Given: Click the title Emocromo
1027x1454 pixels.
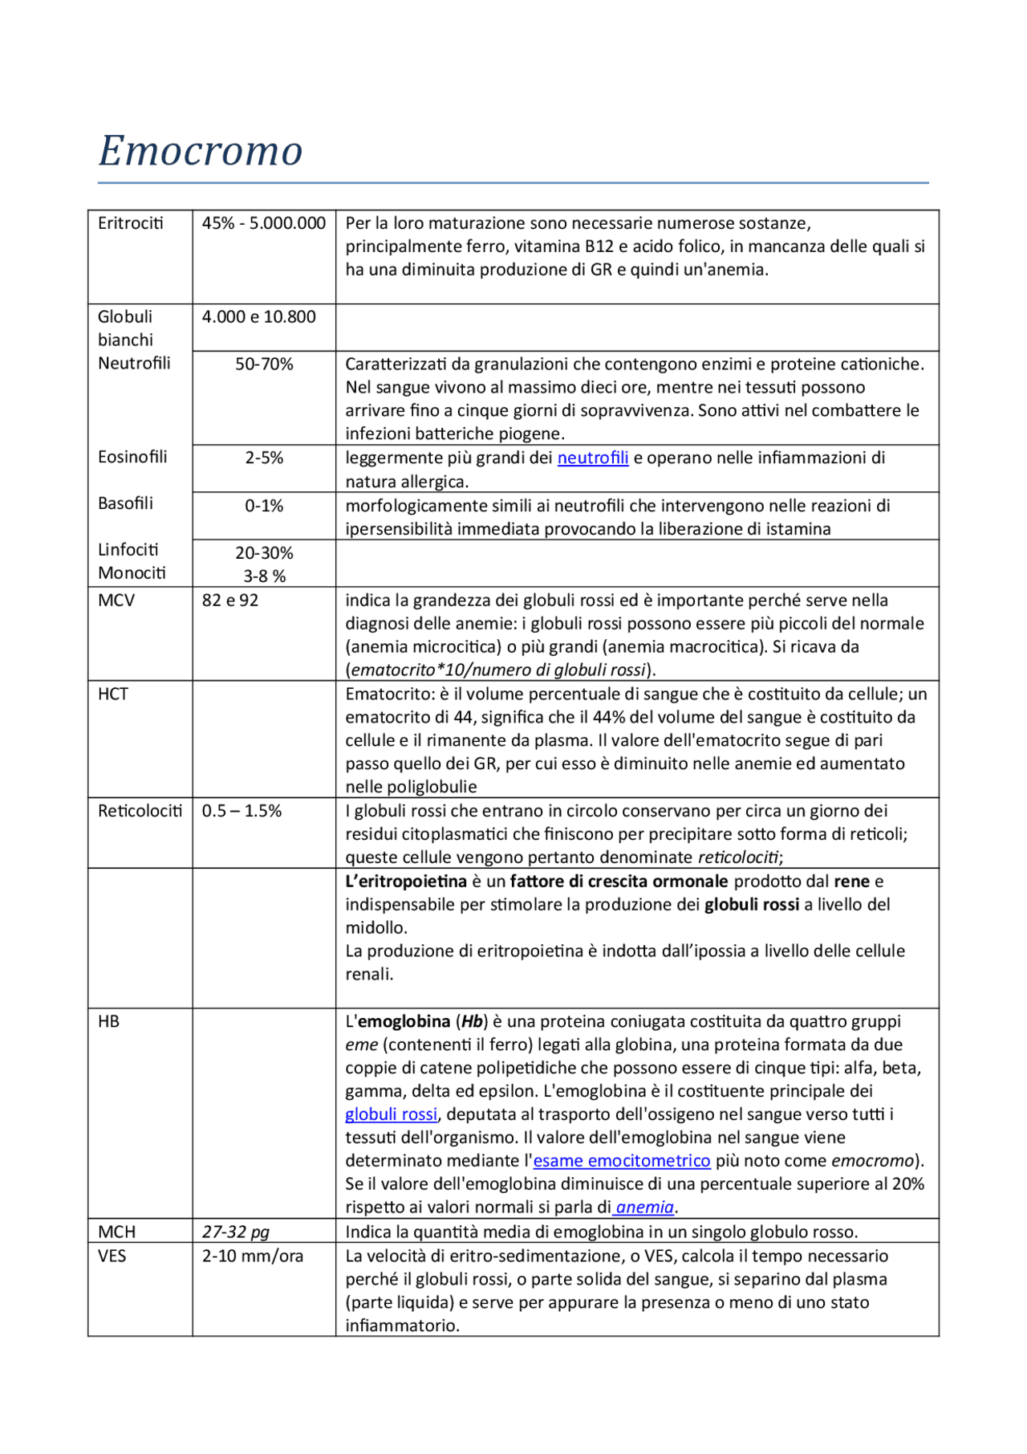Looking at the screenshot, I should coord(201,150).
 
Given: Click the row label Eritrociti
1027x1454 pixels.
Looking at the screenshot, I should coord(130,223).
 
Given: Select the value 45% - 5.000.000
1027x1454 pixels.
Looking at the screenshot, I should coord(263,223).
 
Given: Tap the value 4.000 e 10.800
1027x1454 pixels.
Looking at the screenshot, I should coord(258,317).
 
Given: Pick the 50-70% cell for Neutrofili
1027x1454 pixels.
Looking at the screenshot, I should coord(264,365).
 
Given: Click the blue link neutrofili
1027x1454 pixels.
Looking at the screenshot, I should coord(592,458).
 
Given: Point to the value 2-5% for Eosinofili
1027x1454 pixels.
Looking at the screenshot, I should coord(264,458).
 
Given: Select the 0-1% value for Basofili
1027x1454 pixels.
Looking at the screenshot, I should coord(264,506).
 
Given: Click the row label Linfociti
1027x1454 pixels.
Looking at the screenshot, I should coord(128,550).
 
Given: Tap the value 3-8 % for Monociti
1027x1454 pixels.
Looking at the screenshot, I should coord(264,576).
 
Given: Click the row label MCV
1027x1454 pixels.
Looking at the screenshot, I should coord(116,601).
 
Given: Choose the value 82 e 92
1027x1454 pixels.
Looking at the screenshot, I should coord(229,601).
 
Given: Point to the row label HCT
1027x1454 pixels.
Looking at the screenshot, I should coord(113,694).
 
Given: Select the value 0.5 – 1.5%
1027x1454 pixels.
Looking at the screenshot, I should coord(242,811).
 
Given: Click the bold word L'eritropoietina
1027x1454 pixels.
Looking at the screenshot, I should coord(406,882).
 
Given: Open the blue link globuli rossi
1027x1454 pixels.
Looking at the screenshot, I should coord(391,1114).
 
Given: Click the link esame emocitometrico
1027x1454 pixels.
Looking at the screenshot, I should coord(621,1161).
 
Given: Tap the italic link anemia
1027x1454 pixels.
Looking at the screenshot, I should coord(644,1208).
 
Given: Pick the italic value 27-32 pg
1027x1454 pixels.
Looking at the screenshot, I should coord(235,1232).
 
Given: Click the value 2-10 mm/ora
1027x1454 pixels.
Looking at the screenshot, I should coord(252,1256).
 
